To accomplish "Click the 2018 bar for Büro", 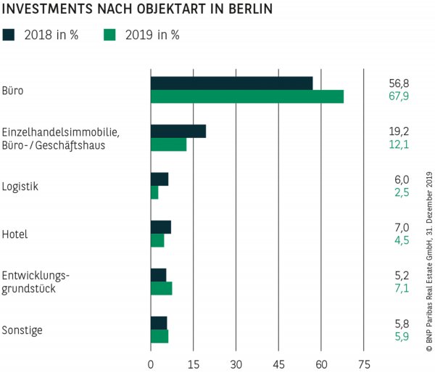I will point(231,83).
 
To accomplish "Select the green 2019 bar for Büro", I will point(247,97).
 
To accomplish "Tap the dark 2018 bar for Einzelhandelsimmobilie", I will point(178,131).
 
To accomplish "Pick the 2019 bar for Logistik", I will point(154,192).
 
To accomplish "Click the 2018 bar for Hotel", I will point(160,227).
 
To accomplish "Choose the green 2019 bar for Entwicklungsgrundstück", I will point(161,289).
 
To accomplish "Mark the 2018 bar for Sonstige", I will point(159,323).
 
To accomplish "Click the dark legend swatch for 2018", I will point(9,34).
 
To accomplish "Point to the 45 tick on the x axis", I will point(279,364).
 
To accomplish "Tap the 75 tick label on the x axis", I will point(365,364).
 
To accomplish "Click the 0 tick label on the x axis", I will point(151,364).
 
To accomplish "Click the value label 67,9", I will point(399,97).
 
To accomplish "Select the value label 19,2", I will point(399,132).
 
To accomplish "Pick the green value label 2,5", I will point(401,192).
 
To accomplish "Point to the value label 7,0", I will point(401,227).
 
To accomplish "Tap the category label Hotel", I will point(15,234).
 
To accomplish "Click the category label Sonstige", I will point(22,330).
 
